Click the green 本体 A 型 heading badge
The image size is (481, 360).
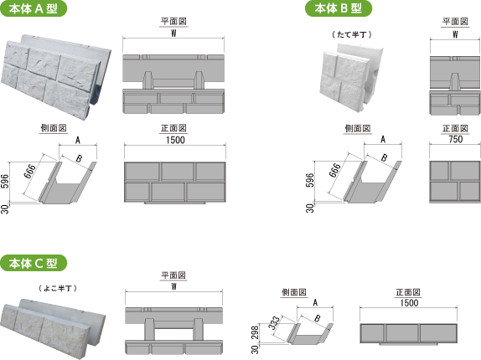pyautogui.click(x=34, y=8)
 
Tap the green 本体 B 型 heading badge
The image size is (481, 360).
pyautogui.click(x=339, y=8)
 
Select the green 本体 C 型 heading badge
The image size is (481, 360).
pyautogui.click(x=34, y=263)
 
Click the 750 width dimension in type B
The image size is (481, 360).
pyautogui.click(x=455, y=139)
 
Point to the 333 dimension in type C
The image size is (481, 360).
pyautogui.click(x=274, y=322)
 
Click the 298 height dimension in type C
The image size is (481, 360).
pyautogui.click(x=256, y=332)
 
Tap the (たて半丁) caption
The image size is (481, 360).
pyautogui.click(x=352, y=34)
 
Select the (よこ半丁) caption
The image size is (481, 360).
pyautogui.click(x=58, y=288)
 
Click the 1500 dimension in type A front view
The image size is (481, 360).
pyautogui.click(x=175, y=140)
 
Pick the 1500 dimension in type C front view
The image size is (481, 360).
pyautogui.click(x=409, y=303)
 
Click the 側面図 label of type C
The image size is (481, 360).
pyautogui.click(x=294, y=292)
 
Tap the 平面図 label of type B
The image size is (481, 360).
pyautogui.click(x=455, y=22)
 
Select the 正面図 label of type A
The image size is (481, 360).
pyautogui.click(x=173, y=128)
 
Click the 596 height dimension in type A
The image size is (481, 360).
pyautogui.click(x=5, y=182)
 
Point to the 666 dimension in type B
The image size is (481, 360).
pyautogui.click(x=334, y=170)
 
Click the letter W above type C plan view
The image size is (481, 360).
pyautogui.click(x=174, y=286)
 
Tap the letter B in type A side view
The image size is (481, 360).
pyautogui.click(x=79, y=159)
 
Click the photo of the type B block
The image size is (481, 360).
pyautogui.click(x=351, y=77)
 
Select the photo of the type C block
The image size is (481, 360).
pyautogui.click(x=53, y=328)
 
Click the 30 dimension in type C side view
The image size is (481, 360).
pyautogui.click(x=256, y=349)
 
